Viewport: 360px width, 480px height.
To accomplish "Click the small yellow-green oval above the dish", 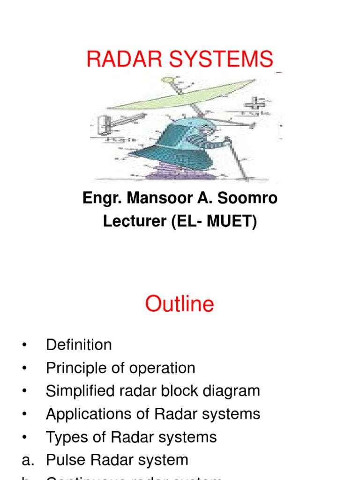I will pyautogui.click(x=167, y=80).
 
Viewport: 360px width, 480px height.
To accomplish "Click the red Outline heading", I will pyautogui.click(x=180, y=304).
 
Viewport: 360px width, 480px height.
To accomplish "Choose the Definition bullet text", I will pyautogui.click(x=79, y=345).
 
